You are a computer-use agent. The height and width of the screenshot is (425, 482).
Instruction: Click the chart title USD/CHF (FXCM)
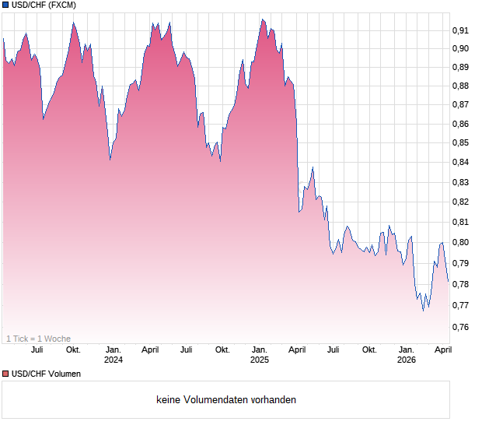pyautogui.click(x=44, y=5)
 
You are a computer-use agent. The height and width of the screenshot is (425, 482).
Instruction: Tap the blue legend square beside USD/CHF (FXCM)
pyautogui.click(x=5, y=5)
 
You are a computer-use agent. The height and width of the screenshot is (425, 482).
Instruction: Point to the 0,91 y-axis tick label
pyautogui.click(x=460, y=30)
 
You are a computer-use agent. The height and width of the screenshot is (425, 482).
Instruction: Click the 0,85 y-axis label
pyautogui.click(x=460, y=143)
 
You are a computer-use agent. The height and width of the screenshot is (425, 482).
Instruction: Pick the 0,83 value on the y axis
pyautogui.click(x=460, y=182)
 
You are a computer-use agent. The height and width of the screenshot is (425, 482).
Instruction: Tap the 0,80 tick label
pyautogui.click(x=460, y=242)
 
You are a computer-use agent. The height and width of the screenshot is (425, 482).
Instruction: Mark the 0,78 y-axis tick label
pyautogui.click(x=460, y=284)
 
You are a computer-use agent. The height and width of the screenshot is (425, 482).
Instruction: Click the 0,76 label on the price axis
pyautogui.click(x=460, y=327)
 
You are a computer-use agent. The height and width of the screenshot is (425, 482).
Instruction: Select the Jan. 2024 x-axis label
pyautogui.click(x=114, y=354)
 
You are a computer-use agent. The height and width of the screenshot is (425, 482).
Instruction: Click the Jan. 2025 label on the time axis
pyautogui.click(x=260, y=354)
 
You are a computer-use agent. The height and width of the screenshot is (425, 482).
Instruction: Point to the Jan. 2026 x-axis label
pyautogui.click(x=406, y=354)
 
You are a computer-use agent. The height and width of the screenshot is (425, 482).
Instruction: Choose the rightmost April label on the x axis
pyautogui.click(x=442, y=349)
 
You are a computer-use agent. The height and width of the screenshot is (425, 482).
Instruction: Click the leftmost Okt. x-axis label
pyautogui.click(x=73, y=349)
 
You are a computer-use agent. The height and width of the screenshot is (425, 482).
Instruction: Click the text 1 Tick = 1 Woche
pyautogui.click(x=39, y=339)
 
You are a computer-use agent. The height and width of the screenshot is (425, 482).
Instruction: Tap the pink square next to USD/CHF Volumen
pyautogui.click(x=5, y=374)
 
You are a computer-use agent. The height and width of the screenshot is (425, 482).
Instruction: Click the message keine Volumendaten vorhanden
pyautogui.click(x=226, y=400)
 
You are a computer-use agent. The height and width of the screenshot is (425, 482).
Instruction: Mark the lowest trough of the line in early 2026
pyautogui.click(x=423, y=311)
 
